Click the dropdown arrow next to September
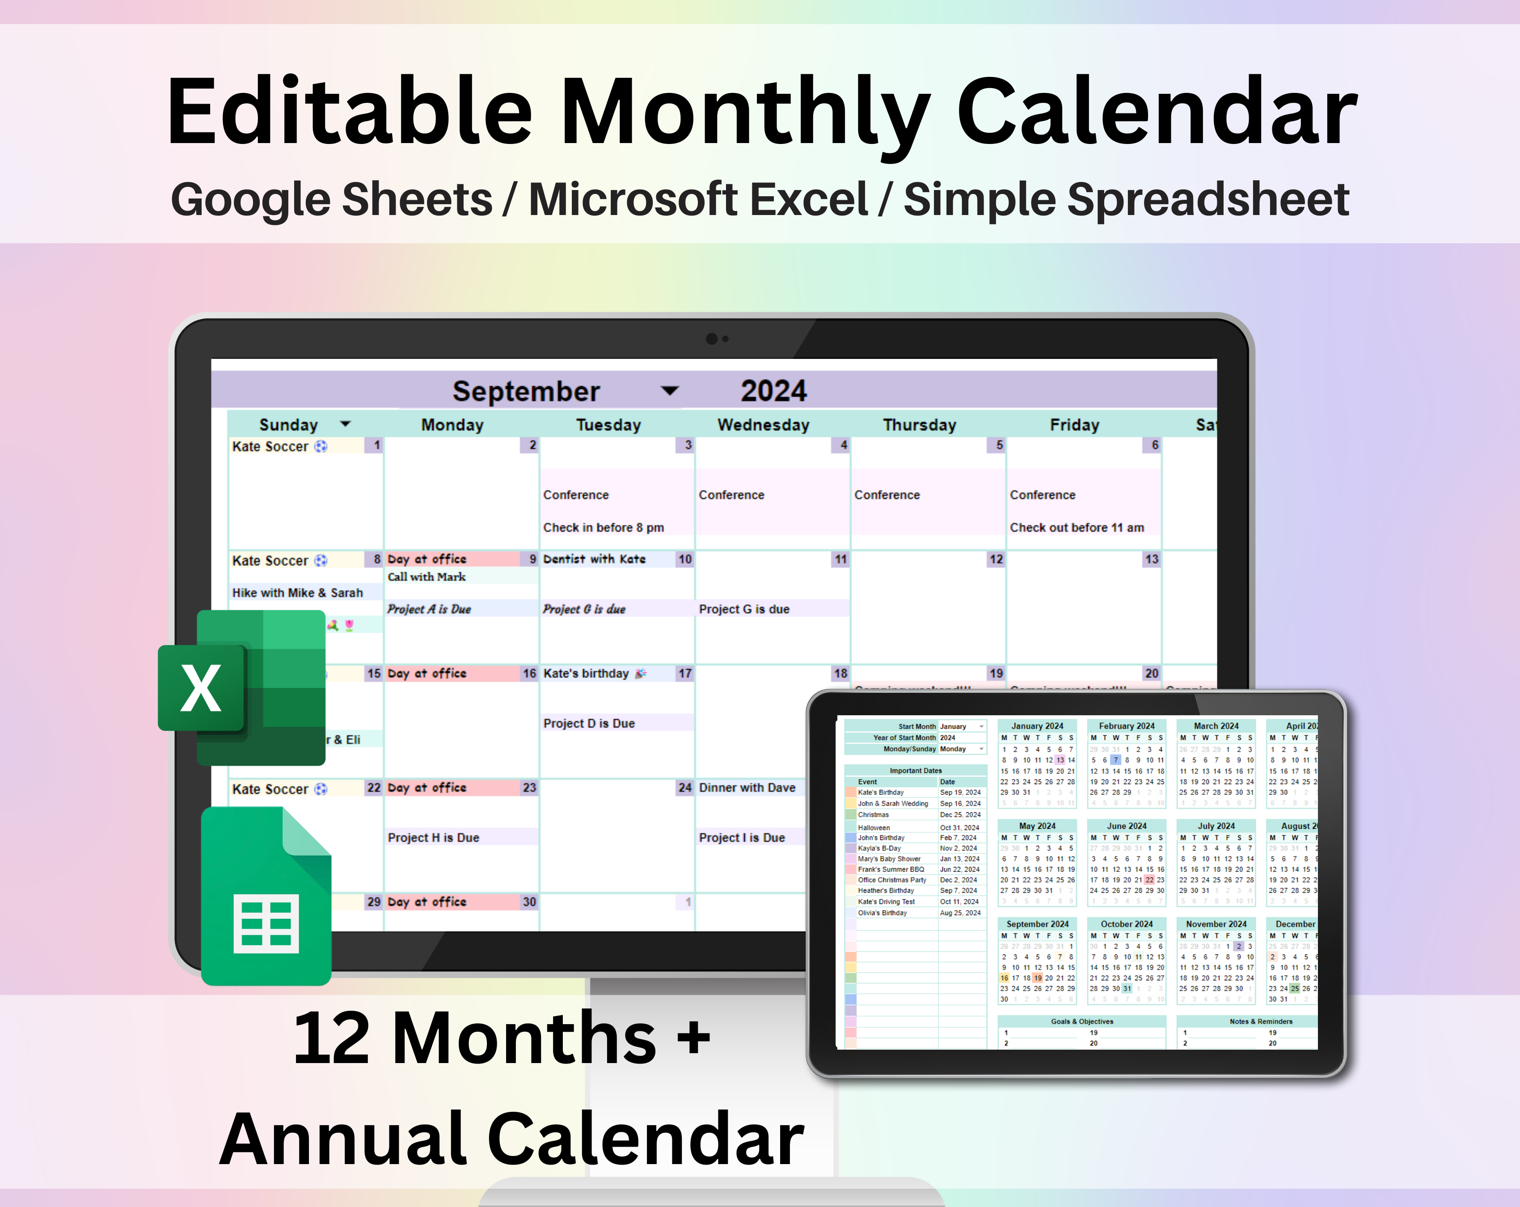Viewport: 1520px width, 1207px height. [x=669, y=391]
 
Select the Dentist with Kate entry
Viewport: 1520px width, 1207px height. [x=594, y=559]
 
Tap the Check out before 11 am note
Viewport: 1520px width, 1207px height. [x=1077, y=528]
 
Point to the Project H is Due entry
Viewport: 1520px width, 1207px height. [x=433, y=838]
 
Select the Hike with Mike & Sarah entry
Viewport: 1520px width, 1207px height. [x=297, y=593]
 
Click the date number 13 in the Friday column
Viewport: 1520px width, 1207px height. [x=1151, y=559]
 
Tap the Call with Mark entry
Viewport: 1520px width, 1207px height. [x=426, y=577]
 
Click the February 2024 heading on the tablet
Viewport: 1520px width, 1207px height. [x=1126, y=726]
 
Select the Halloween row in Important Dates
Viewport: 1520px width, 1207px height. [x=874, y=828]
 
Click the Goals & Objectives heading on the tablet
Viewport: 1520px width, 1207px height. [x=1081, y=1021]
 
